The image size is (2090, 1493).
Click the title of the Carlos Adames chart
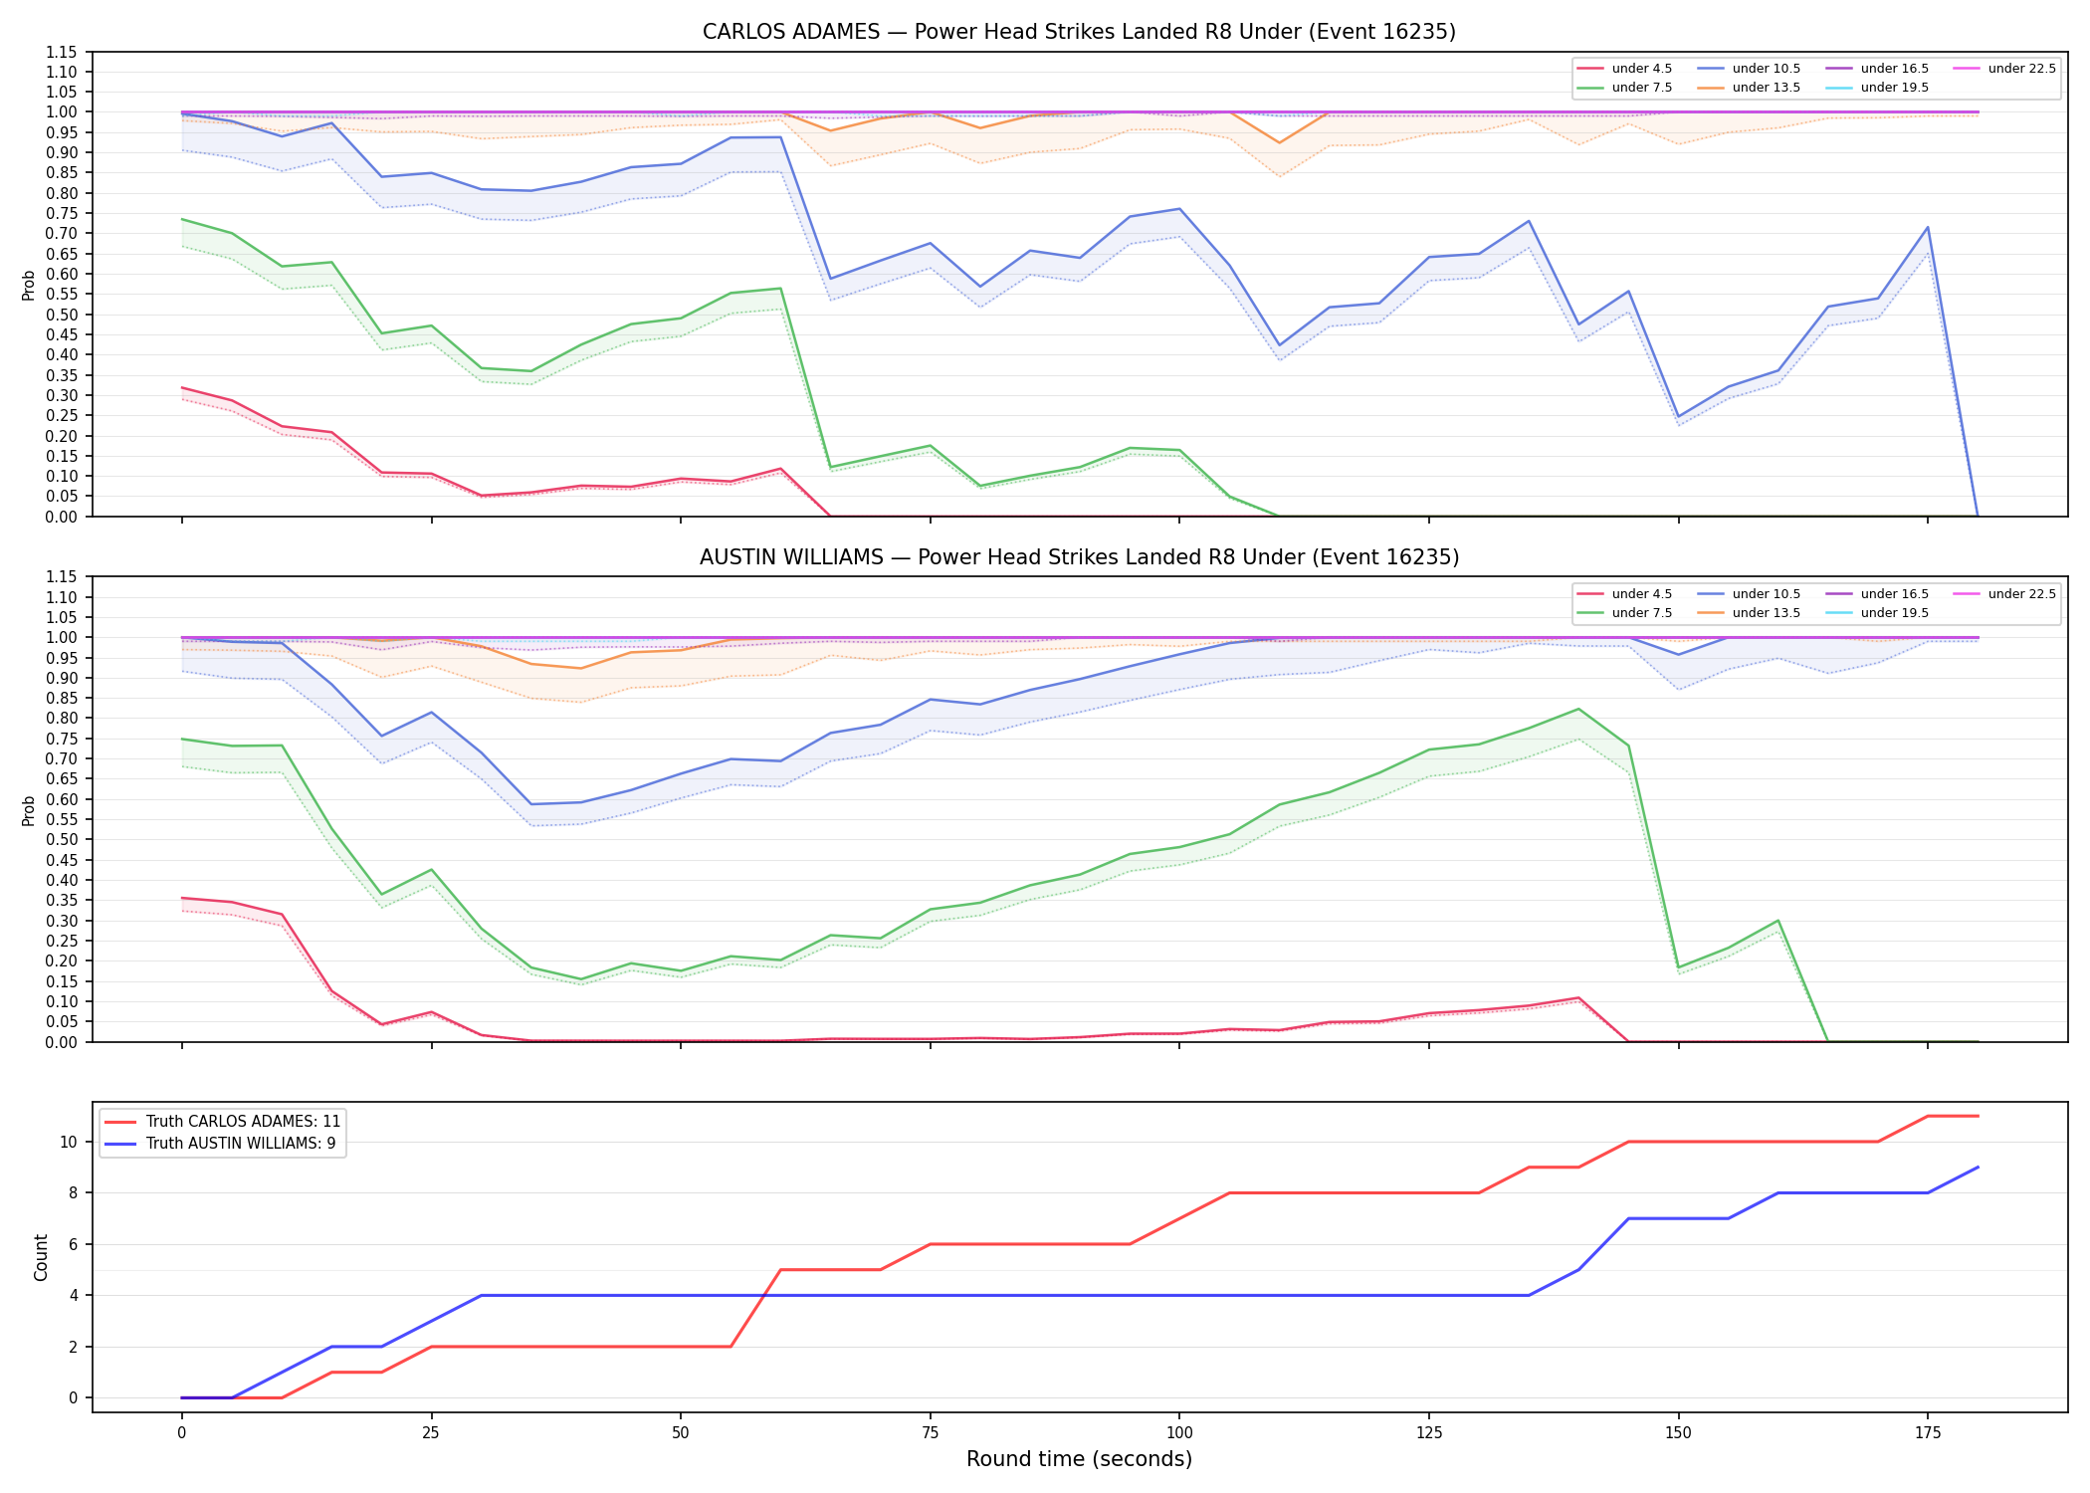pos(1079,32)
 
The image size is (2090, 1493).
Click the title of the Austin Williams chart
pos(1079,557)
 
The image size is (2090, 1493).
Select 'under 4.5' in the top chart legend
pos(1641,69)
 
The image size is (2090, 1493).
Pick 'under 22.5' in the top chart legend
pos(2021,69)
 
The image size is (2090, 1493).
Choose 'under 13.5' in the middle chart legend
pos(1766,613)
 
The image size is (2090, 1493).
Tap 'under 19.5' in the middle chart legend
pos(1894,613)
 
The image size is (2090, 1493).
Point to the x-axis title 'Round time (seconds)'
pos(1079,1459)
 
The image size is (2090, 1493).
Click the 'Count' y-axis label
pos(41,1257)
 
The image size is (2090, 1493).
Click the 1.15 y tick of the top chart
pos(62,52)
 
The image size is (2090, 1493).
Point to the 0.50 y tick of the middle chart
pos(62,839)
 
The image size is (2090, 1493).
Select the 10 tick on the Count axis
pos(69,1142)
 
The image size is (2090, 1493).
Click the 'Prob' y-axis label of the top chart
pos(29,285)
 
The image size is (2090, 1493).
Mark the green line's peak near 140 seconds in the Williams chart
pos(1578,709)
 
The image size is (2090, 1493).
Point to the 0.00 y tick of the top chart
pos(62,517)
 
